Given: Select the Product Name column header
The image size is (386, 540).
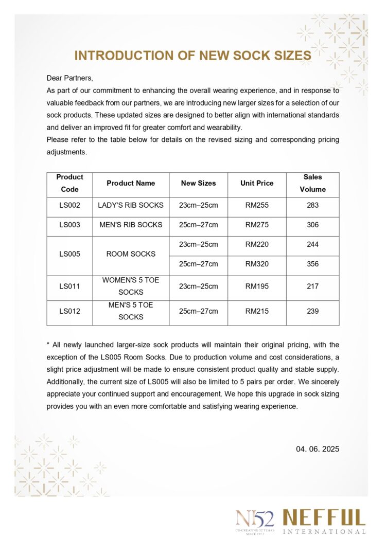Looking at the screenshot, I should click(x=131, y=183).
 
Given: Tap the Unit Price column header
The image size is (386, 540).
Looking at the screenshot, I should click(x=257, y=183).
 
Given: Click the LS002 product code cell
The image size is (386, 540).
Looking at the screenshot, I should click(x=69, y=205).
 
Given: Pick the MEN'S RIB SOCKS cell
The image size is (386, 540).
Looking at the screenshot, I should click(x=131, y=225).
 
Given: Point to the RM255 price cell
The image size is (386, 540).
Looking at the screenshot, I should click(x=257, y=205).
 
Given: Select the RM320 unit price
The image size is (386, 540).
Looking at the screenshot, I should click(x=257, y=264).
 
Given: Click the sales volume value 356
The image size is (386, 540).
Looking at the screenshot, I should click(x=312, y=264).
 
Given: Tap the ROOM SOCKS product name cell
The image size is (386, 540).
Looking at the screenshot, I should click(x=131, y=254).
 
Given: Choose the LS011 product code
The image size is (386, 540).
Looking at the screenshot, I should click(x=69, y=286).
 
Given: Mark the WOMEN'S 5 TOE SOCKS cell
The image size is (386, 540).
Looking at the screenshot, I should click(x=131, y=286).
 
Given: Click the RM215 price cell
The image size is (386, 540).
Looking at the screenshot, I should click(x=257, y=311).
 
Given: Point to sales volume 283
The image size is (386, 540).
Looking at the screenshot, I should click(x=312, y=205).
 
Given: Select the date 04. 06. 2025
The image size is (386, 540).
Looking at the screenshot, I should click(x=318, y=449).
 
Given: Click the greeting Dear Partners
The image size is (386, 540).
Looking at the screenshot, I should click(x=70, y=78).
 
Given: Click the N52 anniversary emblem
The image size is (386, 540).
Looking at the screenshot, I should click(x=255, y=520).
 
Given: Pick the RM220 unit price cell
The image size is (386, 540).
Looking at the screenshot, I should click(x=257, y=244).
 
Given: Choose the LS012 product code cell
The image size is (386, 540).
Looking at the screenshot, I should click(x=69, y=311).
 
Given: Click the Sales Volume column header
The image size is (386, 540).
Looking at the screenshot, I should click(x=312, y=183).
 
